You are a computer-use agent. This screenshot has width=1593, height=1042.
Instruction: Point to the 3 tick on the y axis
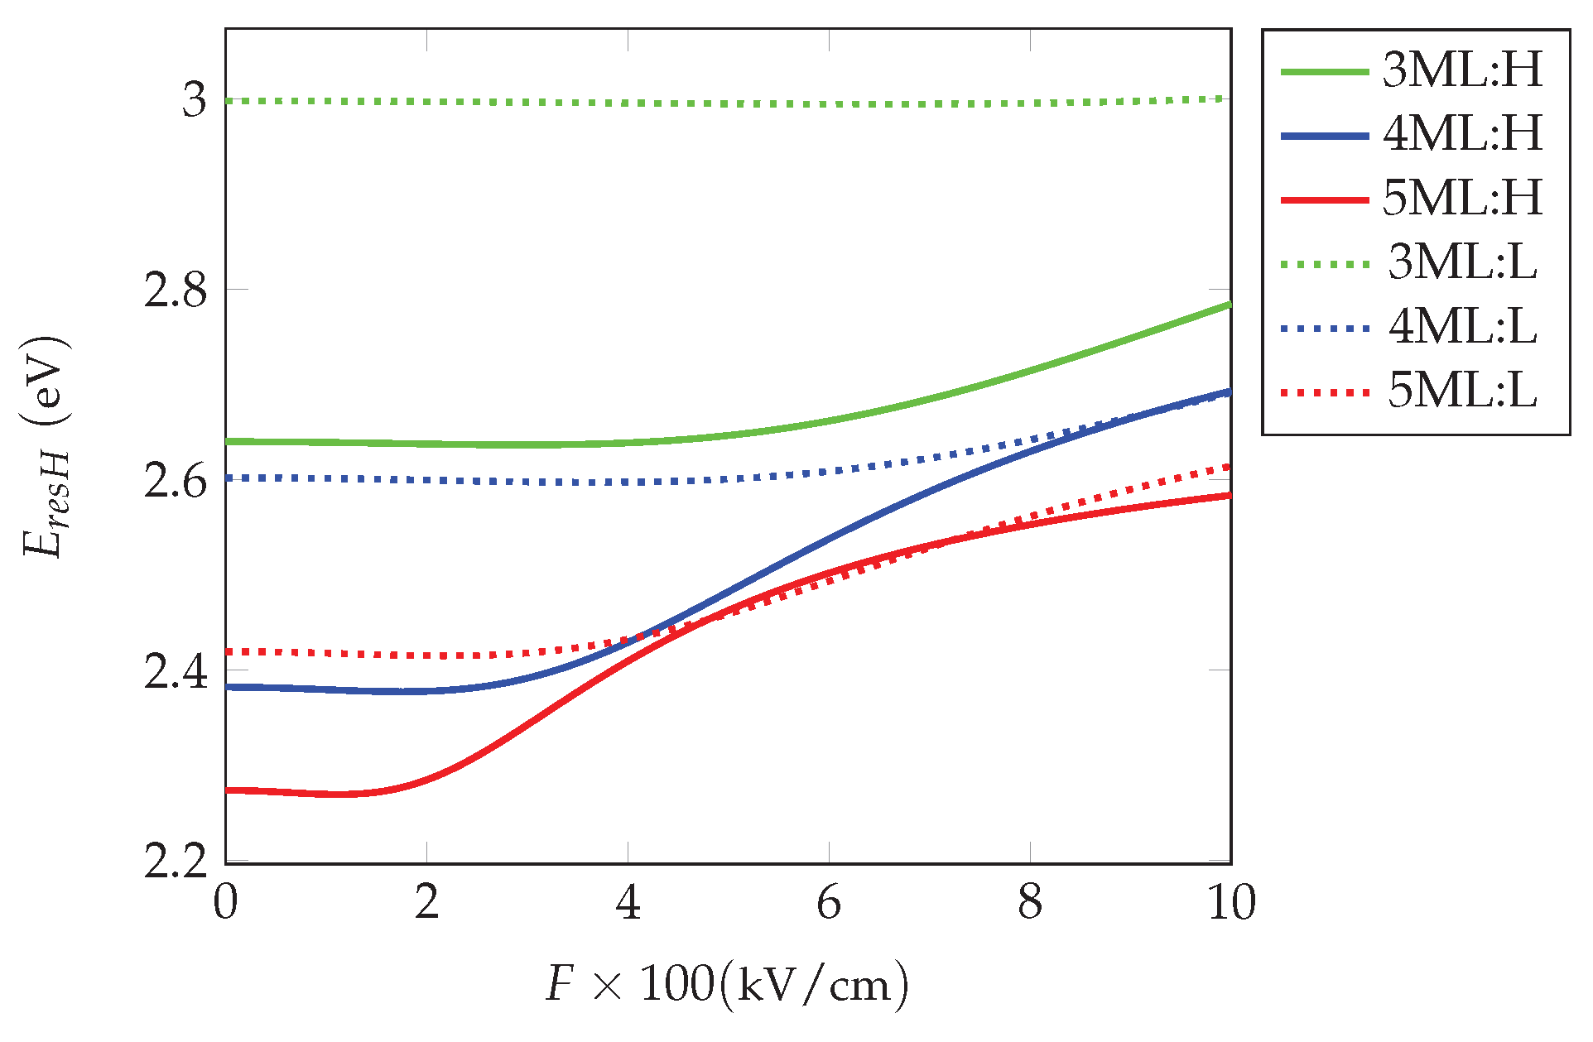(195, 100)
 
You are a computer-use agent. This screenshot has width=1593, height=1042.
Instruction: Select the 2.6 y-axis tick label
(175, 481)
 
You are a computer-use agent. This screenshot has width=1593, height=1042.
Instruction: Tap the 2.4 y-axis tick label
(175, 671)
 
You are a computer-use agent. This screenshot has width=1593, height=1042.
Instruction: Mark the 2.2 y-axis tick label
(175, 862)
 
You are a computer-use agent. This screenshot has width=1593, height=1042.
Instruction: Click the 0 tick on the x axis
(225, 903)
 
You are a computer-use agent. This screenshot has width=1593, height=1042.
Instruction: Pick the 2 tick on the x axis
(426, 903)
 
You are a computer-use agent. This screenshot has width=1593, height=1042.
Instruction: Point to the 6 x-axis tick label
(829, 903)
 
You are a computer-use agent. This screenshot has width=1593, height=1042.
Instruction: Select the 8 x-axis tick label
(1030, 903)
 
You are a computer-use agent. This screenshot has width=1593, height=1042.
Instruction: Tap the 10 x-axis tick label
(1231, 903)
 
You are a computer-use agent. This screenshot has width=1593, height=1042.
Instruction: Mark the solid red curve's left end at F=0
(227, 790)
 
